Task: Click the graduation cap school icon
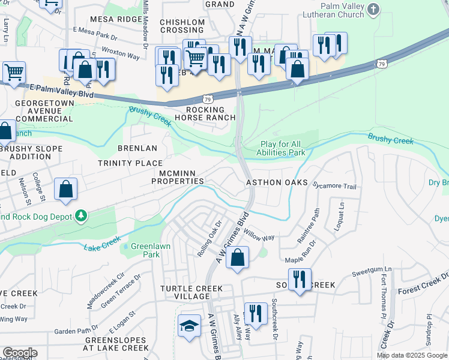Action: click(190, 326)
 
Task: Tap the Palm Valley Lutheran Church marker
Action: click(373, 10)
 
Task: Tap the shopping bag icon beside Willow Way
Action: click(238, 258)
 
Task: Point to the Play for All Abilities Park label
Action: click(282, 148)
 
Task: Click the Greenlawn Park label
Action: click(142, 250)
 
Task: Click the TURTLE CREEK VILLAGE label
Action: click(191, 292)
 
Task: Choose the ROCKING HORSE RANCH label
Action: click(205, 114)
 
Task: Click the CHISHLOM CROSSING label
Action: click(182, 26)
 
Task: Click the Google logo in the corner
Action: click(19, 352)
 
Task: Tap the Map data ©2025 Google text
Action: click(411, 355)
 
